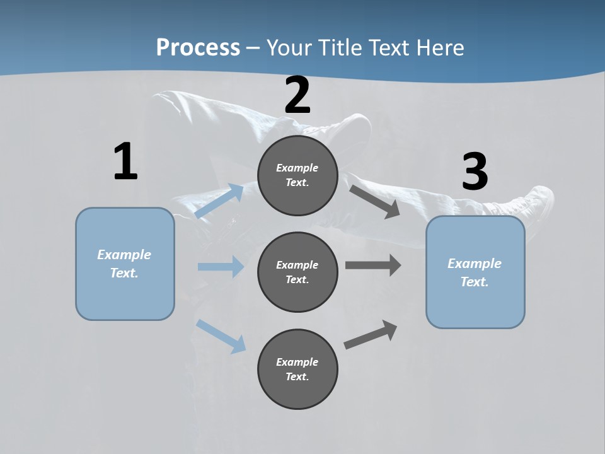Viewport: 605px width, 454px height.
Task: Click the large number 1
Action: click(x=125, y=162)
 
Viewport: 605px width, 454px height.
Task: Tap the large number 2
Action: click(x=297, y=95)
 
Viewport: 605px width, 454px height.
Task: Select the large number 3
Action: click(x=475, y=172)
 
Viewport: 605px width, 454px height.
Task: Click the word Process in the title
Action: click(x=198, y=47)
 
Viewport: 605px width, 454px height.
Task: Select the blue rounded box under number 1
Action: click(x=125, y=264)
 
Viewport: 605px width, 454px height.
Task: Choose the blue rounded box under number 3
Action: click(x=475, y=272)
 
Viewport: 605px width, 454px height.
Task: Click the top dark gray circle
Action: click(x=297, y=175)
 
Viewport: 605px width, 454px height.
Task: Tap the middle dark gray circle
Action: click(x=297, y=272)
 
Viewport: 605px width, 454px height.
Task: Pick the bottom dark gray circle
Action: click(x=297, y=370)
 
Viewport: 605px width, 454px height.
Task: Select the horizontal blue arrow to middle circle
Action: click(x=221, y=267)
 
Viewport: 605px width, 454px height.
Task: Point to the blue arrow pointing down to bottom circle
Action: click(x=221, y=336)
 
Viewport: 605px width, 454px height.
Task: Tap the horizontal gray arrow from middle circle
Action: click(x=373, y=265)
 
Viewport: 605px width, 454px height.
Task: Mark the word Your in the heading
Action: click(x=289, y=47)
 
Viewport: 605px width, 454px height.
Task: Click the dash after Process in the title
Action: click(x=253, y=48)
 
